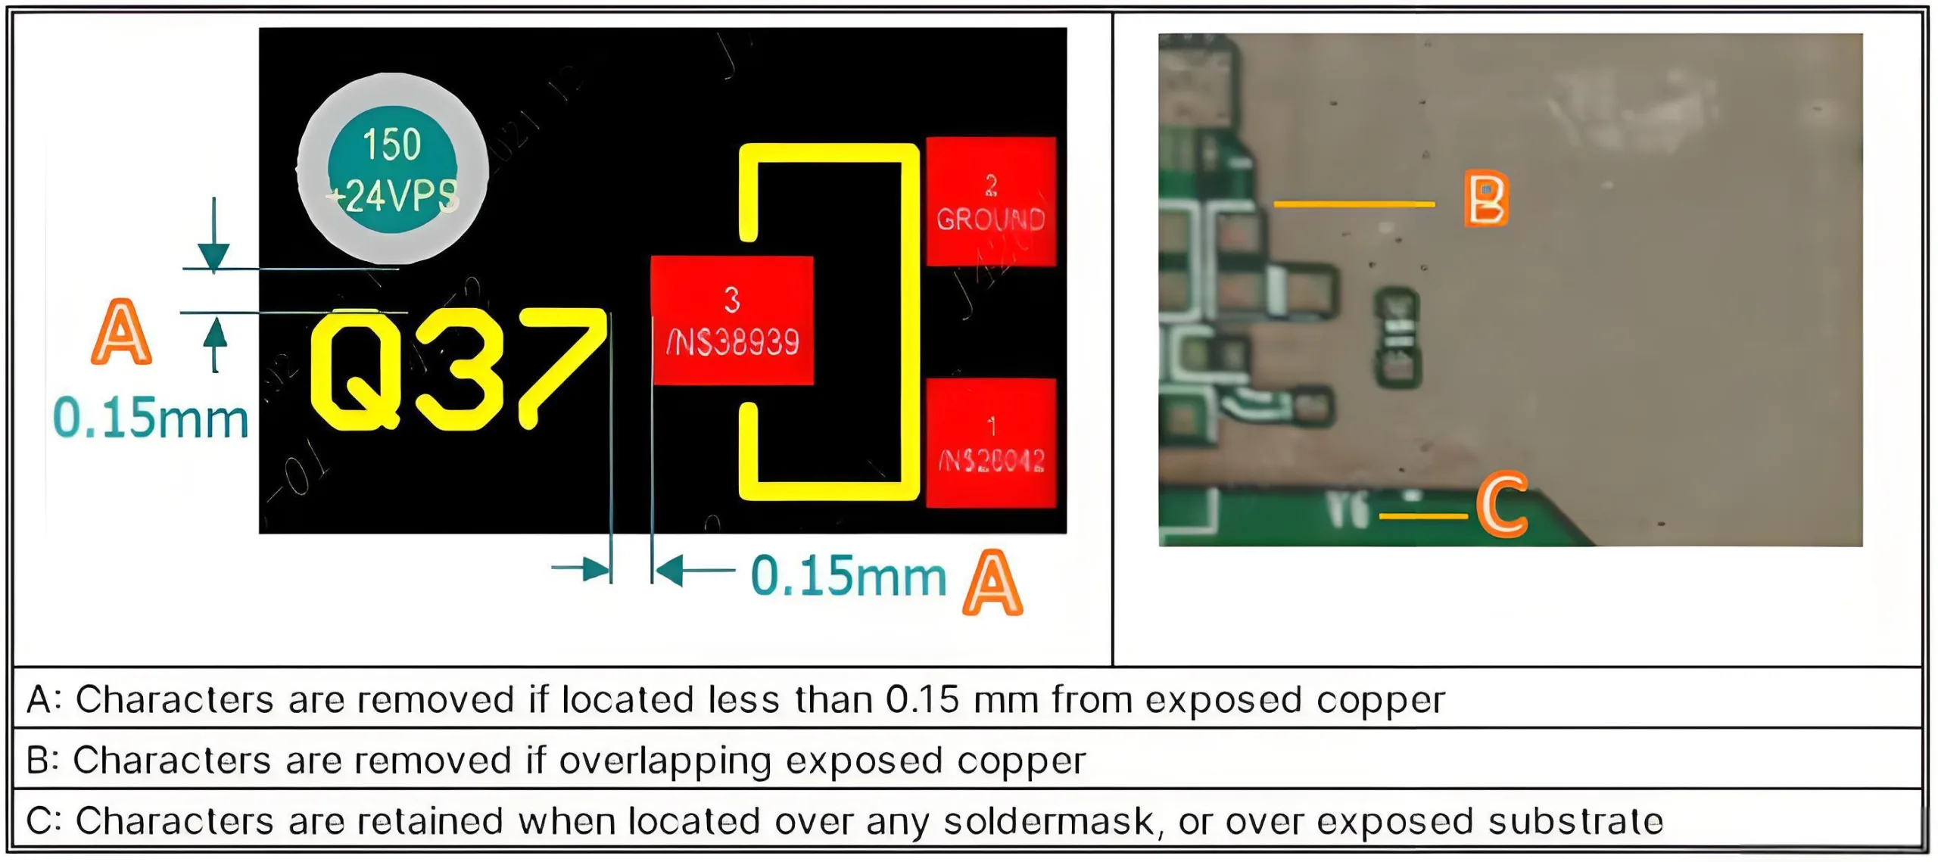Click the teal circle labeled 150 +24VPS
tap(392, 169)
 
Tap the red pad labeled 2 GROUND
tap(990, 201)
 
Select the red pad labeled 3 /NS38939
tap(732, 320)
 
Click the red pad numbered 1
tap(990, 442)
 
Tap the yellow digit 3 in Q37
tap(458, 371)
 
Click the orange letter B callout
tap(1486, 198)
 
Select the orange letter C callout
tap(1502, 505)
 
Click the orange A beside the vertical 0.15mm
tap(121, 332)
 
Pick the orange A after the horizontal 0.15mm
tap(992, 583)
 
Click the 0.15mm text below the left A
tap(151, 419)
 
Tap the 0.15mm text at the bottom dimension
tap(849, 577)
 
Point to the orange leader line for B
tap(1354, 204)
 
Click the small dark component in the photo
tap(1397, 338)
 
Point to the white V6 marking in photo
tap(1348, 511)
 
